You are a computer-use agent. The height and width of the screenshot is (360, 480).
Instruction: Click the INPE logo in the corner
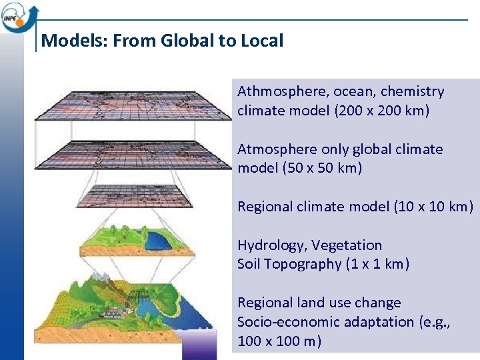pyautogui.click(x=19, y=16)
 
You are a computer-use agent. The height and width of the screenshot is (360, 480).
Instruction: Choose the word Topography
pyautogui.click(x=303, y=264)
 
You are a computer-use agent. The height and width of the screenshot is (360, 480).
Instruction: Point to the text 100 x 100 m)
pyautogui.click(x=279, y=341)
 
